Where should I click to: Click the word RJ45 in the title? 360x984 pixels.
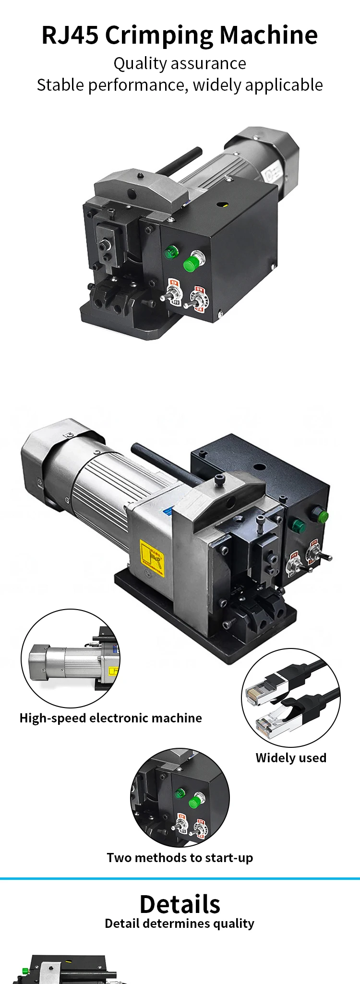pos(70,35)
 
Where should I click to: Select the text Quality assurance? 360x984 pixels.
pos(180,63)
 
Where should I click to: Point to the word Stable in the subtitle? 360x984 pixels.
pos(61,85)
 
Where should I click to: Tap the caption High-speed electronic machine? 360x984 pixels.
pos(110,718)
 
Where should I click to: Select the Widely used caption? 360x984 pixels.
pos(291,758)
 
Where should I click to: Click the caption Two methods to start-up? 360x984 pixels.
pos(180,858)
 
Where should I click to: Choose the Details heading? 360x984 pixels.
pos(180,904)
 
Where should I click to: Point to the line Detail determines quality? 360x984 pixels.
pos(180,924)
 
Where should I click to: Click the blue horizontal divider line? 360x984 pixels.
pos(180,878)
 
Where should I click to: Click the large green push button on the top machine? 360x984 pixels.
pos(192,263)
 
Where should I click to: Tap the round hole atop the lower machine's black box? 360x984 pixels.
pos(260,467)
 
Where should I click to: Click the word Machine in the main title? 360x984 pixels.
pos(269,35)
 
